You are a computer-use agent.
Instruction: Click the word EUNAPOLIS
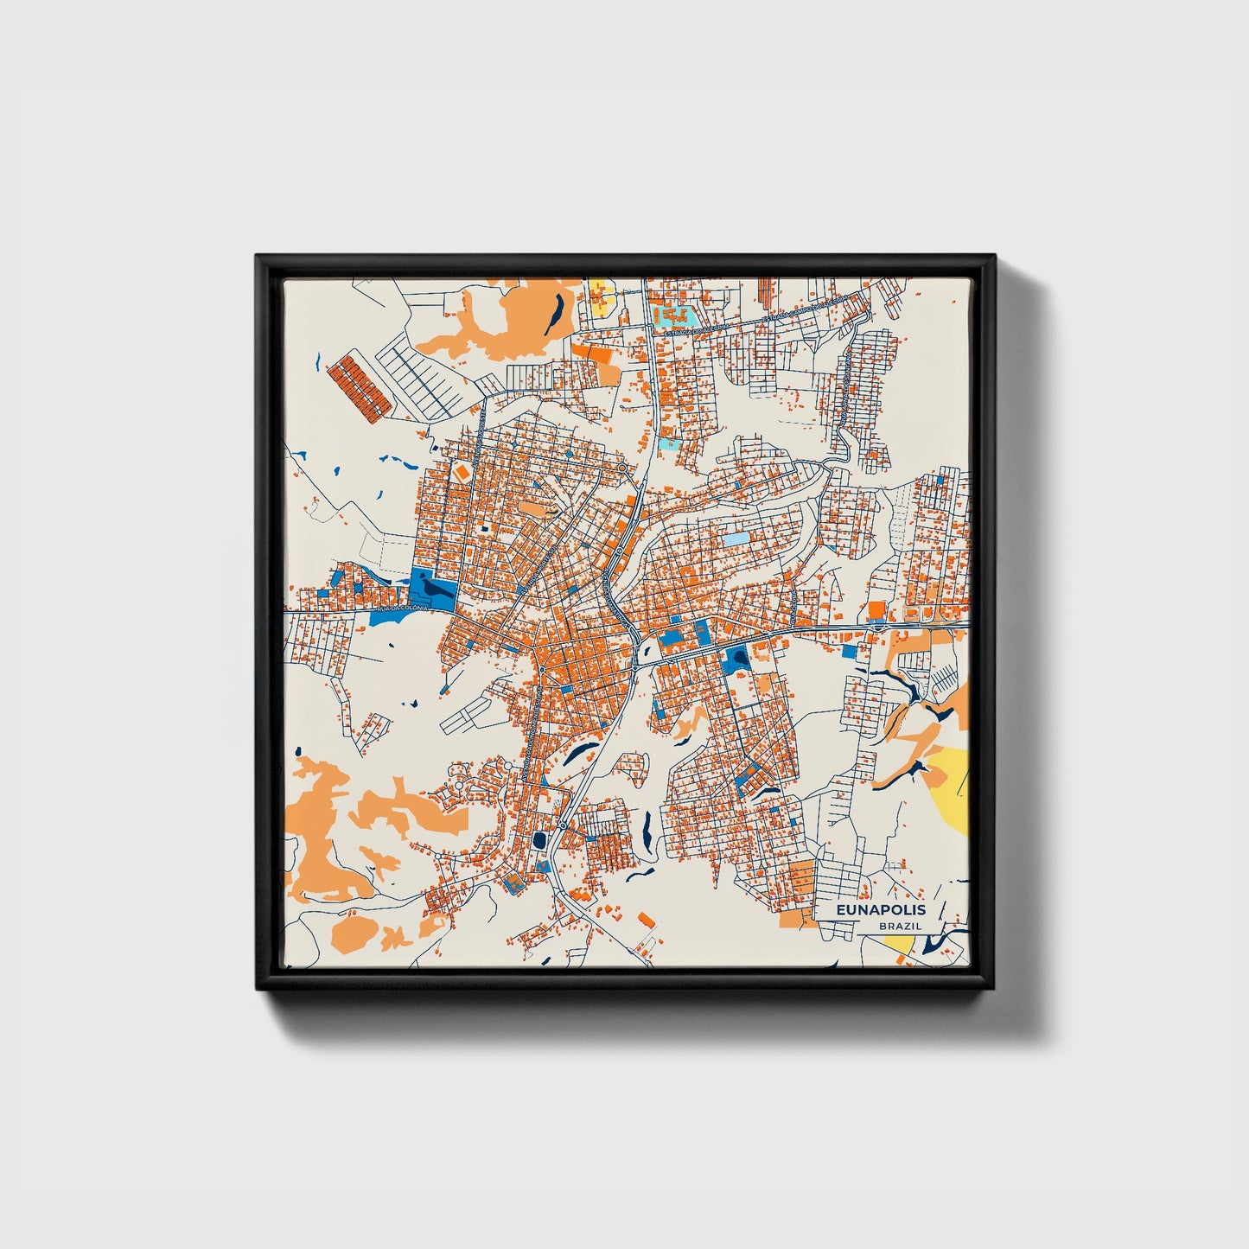[x=881, y=909]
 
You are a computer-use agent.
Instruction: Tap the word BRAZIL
[x=900, y=926]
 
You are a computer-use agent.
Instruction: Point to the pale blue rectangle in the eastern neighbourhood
[x=733, y=540]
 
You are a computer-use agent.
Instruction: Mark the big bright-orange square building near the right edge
[x=876, y=610]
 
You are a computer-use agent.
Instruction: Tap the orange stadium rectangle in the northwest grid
[x=462, y=472]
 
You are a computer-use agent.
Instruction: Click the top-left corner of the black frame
[x=258, y=258]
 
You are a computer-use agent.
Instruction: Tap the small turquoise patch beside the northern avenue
[x=668, y=445]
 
